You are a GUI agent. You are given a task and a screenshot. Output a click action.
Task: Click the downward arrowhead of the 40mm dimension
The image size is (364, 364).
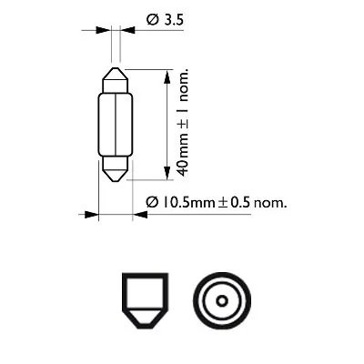[x=166, y=172]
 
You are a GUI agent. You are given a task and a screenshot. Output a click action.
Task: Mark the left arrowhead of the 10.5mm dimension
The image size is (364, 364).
[x=91, y=216]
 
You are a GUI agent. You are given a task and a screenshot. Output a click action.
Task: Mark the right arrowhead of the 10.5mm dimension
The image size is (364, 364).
[x=138, y=216]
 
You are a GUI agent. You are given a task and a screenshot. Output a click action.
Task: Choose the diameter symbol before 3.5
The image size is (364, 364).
[x=150, y=16]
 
